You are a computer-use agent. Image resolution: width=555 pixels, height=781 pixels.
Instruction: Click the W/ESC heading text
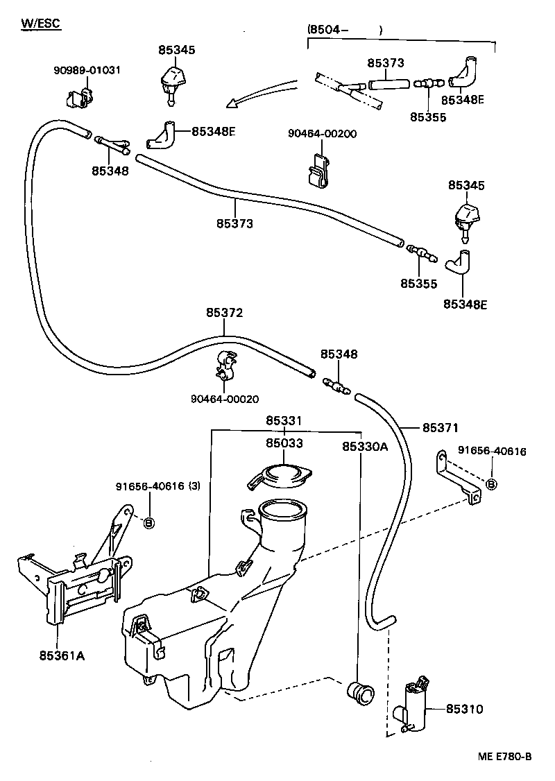click(x=41, y=24)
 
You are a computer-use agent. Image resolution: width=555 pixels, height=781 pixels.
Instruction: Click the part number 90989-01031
click(x=87, y=70)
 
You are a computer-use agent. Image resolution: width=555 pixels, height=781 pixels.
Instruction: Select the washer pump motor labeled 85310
click(x=414, y=703)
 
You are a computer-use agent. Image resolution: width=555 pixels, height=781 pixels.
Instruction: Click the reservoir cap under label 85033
click(x=280, y=477)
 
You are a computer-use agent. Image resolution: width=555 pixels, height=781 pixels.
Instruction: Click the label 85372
click(x=224, y=313)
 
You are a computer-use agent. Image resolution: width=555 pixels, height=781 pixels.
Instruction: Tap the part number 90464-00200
click(x=323, y=133)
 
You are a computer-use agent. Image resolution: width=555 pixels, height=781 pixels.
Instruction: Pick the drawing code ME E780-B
click(x=504, y=756)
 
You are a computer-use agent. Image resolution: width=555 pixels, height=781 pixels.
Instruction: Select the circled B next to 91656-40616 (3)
click(x=148, y=521)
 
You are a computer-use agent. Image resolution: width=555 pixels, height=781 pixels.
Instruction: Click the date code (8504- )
click(x=344, y=30)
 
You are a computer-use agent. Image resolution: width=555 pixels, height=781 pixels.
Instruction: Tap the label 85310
click(x=464, y=709)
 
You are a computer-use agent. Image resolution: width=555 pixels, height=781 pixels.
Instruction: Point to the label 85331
click(x=284, y=421)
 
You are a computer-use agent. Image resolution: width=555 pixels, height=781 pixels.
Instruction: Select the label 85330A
click(x=364, y=447)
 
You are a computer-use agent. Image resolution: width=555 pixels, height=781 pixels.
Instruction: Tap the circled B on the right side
click(x=491, y=483)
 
